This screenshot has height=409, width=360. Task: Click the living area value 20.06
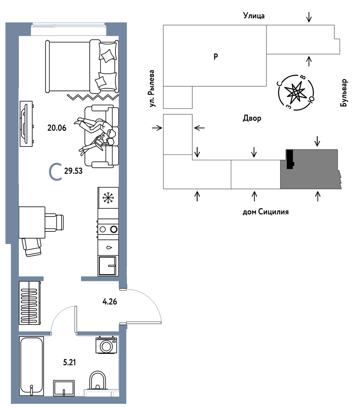pyautogui.click(x=57, y=128)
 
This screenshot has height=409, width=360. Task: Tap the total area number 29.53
pyautogui.click(x=73, y=171)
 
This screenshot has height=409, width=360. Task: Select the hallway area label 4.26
pyautogui.click(x=110, y=301)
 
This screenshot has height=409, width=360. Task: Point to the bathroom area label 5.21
pyautogui.click(x=70, y=362)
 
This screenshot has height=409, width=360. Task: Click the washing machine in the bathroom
pyautogui.click(x=106, y=345)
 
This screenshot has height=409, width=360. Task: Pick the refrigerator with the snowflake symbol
pyautogui.click(x=108, y=198)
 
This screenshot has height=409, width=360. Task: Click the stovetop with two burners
pyautogui.click(x=108, y=229)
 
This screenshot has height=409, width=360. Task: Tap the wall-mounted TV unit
pyautogui.click(x=26, y=123)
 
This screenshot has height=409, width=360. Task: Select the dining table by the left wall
pyautogui.click(x=32, y=222)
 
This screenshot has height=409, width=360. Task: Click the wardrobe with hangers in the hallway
pyautogui.click(x=30, y=303)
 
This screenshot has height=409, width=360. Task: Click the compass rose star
pyautogui.click(x=296, y=93)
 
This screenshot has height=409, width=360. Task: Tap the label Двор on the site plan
pyautogui.click(x=252, y=119)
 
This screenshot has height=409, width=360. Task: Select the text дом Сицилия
pyautogui.click(x=266, y=212)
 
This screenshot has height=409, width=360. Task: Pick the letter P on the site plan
pyautogui.click(x=216, y=56)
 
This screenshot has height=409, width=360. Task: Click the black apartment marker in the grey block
pyautogui.click(x=289, y=159)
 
